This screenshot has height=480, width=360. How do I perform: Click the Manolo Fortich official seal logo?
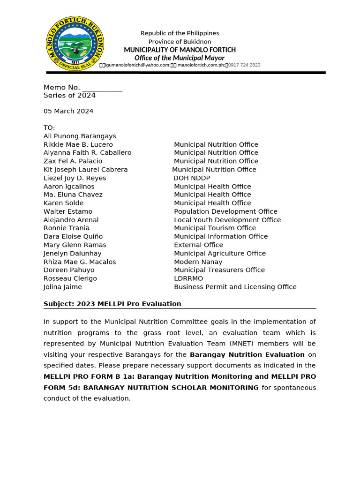point(75,44)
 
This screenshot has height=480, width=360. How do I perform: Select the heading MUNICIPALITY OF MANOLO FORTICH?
point(180,50)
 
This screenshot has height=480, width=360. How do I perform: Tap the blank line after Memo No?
point(102,88)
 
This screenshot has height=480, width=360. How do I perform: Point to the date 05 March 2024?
point(68,111)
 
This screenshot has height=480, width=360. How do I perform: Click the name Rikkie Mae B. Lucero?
point(78,144)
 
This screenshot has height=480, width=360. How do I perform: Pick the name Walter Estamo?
point(68,211)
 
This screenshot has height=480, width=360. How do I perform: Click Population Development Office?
point(225,211)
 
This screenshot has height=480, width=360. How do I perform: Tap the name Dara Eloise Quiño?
point(73,237)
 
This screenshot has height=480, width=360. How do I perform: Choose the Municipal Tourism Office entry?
point(215,228)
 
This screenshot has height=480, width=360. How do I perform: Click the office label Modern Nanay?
point(198,262)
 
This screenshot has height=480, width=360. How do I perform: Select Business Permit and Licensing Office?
point(235,287)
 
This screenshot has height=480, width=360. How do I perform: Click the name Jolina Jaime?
point(63,287)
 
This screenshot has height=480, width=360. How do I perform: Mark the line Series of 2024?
point(69,96)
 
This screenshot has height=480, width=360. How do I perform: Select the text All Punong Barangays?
point(80,136)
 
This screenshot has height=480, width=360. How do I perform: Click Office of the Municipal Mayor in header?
point(180,58)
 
